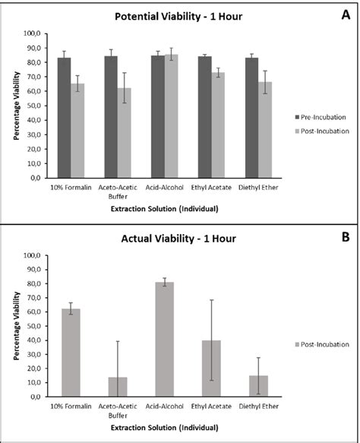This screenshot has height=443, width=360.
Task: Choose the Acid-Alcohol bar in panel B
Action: click(x=165, y=339)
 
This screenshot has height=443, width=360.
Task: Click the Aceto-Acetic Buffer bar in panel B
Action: click(x=118, y=387)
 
